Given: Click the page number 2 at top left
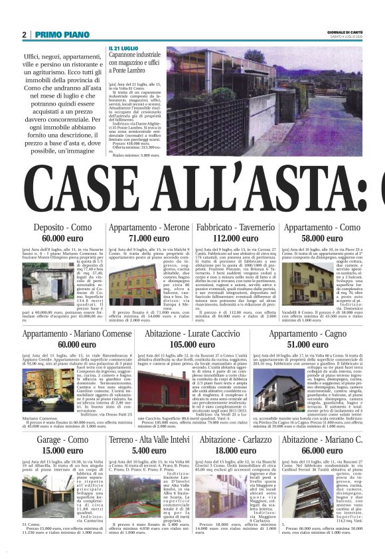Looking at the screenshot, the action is pos(24,35).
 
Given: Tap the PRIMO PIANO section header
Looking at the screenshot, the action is pos(62,35).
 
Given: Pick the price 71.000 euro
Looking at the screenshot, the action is pos(149,238).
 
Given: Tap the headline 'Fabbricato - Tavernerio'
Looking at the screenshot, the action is pos(236,228).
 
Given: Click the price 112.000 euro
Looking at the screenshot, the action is pos(236,238).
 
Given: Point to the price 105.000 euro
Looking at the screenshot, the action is pos(193,344).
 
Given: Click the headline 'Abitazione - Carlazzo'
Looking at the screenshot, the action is pos(236,440).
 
